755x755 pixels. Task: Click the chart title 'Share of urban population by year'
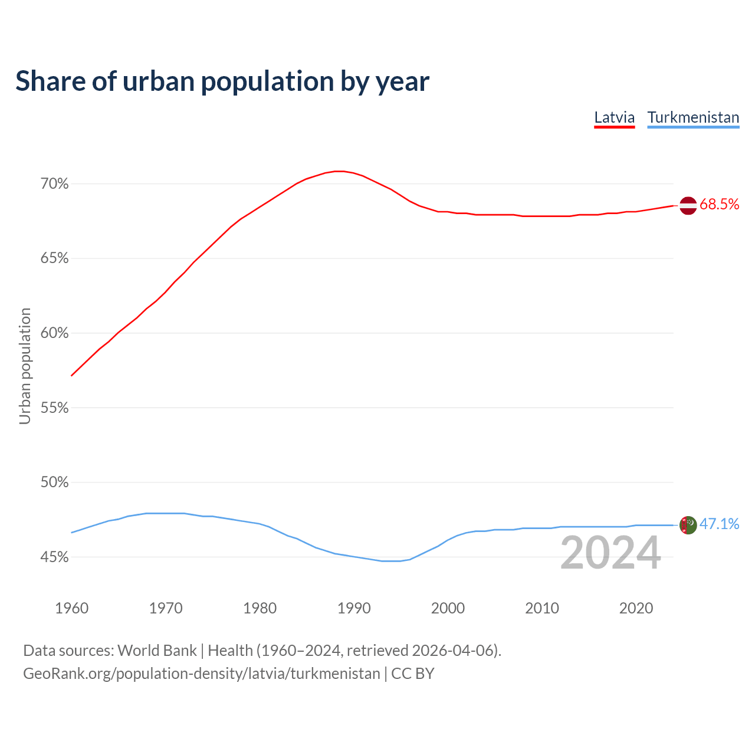click(x=222, y=81)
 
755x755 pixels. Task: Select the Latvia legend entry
click(x=614, y=117)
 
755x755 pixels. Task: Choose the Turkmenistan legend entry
click(x=693, y=117)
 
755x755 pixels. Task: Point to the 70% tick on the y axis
click(x=55, y=184)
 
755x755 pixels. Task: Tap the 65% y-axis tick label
click(x=55, y=258)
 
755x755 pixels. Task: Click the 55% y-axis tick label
click(x=55, y=408)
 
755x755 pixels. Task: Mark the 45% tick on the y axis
click(x=55, y=557)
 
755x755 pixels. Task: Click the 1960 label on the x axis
click(x=71, y=608)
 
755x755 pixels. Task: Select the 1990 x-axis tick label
click(x=354, y=608)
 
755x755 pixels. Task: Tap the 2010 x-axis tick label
click(x=542, y=608)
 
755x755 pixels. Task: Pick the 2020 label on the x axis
click(x=636, y=608)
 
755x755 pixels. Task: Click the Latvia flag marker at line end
click(x=688, y=205)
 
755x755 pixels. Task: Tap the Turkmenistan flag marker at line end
click(x=688, y=525)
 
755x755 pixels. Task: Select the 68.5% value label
click(x=720, y=205)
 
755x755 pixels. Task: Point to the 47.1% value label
click(x=720, y=524)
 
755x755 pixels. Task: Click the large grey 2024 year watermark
click(x=610, y=553)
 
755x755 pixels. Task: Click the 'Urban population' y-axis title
click(x=25, y=366)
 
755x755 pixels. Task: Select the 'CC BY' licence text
click(x=413, y=674)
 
